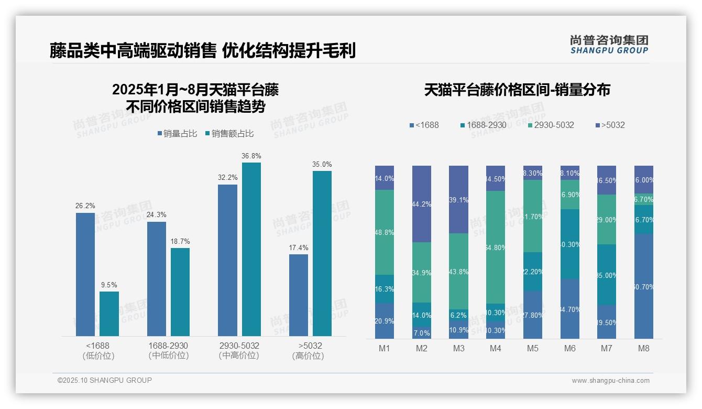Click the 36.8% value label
click(x=251, y=156)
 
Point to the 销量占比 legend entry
click(x=177, y=134)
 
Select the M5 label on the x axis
click(x=533, y=348)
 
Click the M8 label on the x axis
click(x=644, y=348)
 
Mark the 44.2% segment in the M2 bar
click(x=422, y=204)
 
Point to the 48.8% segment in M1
click(x=385, y=232)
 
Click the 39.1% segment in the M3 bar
click(x=459, y=200)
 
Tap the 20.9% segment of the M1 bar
click(x=385, y=321)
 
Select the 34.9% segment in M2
click(x=422, y=272)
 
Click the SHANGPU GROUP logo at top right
click(x=609, y=45)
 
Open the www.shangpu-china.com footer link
click(x=610, y=381)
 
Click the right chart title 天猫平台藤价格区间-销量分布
click(x=517, y=90)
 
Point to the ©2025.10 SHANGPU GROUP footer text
click(x=105, y=380)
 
